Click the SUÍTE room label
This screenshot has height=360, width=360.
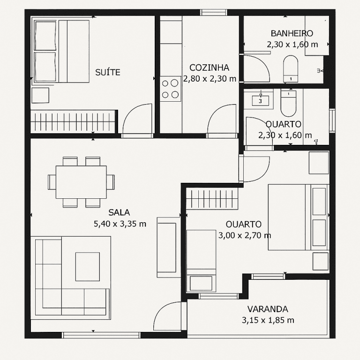108,72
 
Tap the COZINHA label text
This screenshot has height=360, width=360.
209,67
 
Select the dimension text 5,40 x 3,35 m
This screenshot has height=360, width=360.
120,224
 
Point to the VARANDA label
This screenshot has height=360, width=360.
268,309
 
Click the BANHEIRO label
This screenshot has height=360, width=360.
292,33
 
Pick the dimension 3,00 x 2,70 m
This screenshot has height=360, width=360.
245,235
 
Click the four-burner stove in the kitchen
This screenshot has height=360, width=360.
170,89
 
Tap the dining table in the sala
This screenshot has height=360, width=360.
81,182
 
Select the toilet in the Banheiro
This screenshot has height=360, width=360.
291,69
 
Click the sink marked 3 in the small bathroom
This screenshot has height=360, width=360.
260,101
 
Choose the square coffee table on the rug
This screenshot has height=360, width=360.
88,267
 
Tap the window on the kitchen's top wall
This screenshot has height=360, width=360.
214,12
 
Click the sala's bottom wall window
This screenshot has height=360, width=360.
101,335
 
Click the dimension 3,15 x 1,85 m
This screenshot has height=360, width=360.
268,320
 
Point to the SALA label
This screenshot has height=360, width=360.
119,213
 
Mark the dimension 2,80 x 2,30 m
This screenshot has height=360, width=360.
210,79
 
